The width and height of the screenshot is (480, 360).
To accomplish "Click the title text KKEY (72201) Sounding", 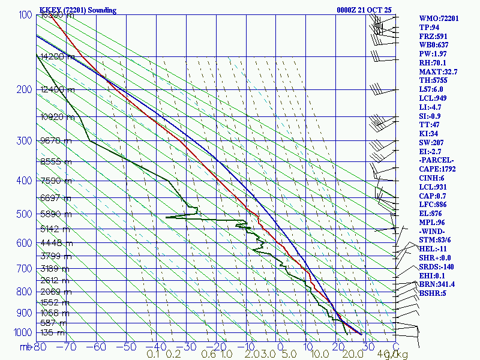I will pos(78,10).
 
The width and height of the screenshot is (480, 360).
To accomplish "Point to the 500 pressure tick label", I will pos(24,214).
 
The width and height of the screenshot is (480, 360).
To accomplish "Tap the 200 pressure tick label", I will pos(24,90).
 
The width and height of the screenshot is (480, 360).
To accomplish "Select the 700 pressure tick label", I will pos(24,269).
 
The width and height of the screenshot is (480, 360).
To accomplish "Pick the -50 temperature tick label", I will pos(128,347).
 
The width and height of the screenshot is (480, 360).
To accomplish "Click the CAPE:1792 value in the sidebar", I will pos(439,170).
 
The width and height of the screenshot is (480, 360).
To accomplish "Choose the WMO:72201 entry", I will pos(439,19).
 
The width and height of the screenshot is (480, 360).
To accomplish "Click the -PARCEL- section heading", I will pos(437,161).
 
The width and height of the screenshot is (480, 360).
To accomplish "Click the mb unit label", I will pos(26,347).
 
